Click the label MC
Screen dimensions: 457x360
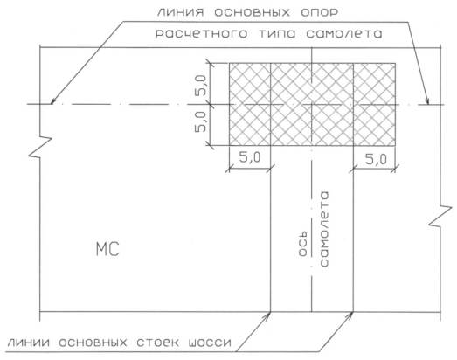(107, 250)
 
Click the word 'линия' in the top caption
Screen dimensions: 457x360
(180, 12)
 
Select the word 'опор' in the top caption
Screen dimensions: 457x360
(319, 12)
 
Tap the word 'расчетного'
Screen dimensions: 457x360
(202, 34)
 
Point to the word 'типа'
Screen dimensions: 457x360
(277, 34)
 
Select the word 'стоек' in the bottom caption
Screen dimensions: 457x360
(157, 343)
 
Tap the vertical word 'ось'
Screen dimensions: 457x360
(303, 244)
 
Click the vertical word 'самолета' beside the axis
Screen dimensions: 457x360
(324, 229)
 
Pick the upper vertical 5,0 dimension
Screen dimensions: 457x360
(201, 86)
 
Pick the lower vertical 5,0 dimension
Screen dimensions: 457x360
(201, 121)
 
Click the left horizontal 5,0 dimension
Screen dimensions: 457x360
(250, 158)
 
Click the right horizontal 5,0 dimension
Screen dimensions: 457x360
(376, 159)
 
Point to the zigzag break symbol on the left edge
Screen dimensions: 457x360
(40, 147)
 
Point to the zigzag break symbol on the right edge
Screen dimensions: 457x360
(440, 216)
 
